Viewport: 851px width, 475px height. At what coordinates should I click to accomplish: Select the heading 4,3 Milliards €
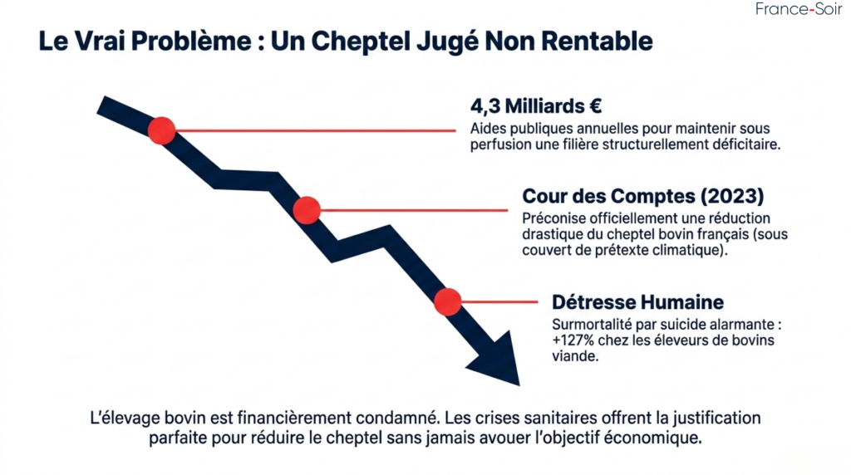(x=535, y=107)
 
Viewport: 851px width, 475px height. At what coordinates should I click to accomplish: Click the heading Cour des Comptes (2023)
(x=642, y=197)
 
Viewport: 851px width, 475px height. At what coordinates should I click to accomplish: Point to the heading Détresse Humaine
(x=637, y=301)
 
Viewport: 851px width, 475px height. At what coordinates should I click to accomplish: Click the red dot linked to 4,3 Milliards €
(x=161, y=130)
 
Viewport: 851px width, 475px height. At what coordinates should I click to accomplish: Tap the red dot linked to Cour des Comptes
(x=307, y=210)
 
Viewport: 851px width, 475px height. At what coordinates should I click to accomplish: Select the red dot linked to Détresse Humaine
(x=447, y=301)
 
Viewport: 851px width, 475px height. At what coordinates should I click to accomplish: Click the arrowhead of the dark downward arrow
(x=497, y=360)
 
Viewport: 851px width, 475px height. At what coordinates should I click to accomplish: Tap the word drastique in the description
(x=553, y=234)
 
